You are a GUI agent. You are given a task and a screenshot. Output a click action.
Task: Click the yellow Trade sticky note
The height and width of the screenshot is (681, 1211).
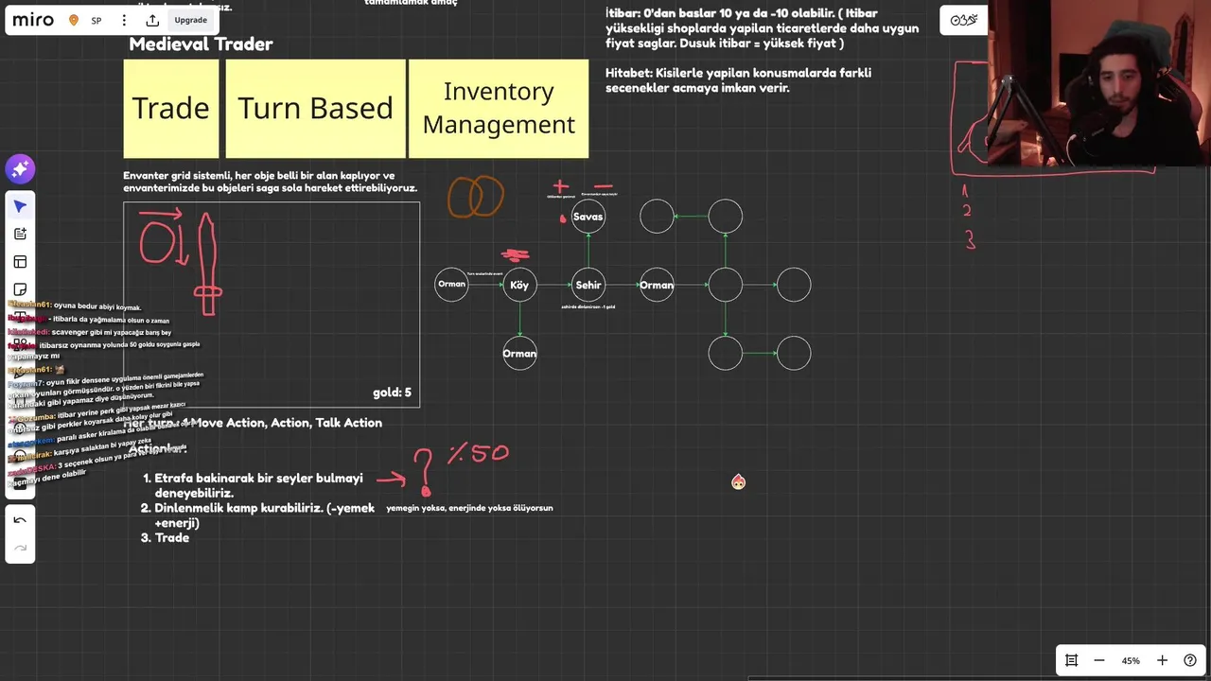[170, 108]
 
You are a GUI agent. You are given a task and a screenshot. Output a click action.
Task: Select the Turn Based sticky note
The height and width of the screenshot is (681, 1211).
[315, 108]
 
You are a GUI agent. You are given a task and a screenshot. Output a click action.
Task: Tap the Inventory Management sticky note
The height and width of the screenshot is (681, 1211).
[499, 108]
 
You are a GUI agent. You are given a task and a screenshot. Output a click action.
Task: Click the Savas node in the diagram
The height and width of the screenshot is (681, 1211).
[588, 217]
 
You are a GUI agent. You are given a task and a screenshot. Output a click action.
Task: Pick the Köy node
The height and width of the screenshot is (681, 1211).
[519, 285]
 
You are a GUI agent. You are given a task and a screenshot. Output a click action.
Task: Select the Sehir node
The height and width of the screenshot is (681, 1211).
[588, 285]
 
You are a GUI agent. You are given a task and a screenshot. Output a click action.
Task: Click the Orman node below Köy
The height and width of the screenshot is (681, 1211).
[519, 354]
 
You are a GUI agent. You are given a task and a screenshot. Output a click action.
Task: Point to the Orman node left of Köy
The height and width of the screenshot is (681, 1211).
[451, 285]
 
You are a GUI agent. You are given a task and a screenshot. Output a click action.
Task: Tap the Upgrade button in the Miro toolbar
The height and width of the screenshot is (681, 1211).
[190, 20]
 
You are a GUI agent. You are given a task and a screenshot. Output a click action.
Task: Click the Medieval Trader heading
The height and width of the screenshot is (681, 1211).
[201, 44]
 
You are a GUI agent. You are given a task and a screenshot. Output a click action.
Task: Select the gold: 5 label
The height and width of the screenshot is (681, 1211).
[392, 393]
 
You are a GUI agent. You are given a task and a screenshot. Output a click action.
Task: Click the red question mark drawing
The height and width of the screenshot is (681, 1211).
[424, 471]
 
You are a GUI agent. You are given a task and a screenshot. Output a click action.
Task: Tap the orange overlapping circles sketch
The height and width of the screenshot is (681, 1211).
[475, 198]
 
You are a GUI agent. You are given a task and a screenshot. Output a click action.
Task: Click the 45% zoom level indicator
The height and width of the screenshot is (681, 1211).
[1131, 660]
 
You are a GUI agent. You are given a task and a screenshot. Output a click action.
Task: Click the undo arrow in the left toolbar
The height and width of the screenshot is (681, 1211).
[20, 520]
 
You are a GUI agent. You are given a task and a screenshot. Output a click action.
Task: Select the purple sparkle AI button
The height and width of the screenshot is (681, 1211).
[20, 169]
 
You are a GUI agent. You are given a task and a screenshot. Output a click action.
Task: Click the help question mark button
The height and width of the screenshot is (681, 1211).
[1190, 660]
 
